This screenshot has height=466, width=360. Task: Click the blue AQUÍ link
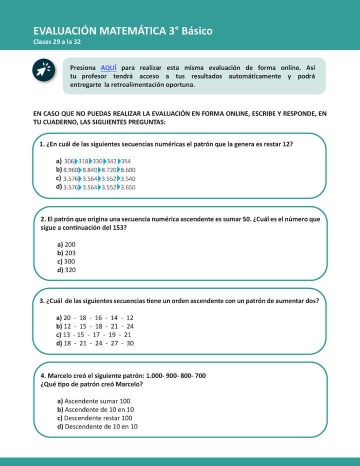tap(108, 67)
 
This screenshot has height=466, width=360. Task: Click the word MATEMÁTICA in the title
tap(133, 31)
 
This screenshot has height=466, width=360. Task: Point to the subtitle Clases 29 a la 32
tap(56, 42)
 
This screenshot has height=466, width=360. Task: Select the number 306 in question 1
tap(69, 161)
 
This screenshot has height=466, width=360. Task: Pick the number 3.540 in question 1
tap(128, 178)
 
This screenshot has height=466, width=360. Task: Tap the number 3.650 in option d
tap(128, 187)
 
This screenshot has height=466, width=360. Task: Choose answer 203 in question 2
tap(70, 253)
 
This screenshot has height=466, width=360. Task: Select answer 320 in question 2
tap(70, 270)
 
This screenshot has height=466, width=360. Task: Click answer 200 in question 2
tap(70, 244)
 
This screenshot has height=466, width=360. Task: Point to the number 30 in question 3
tap(130, 343)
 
